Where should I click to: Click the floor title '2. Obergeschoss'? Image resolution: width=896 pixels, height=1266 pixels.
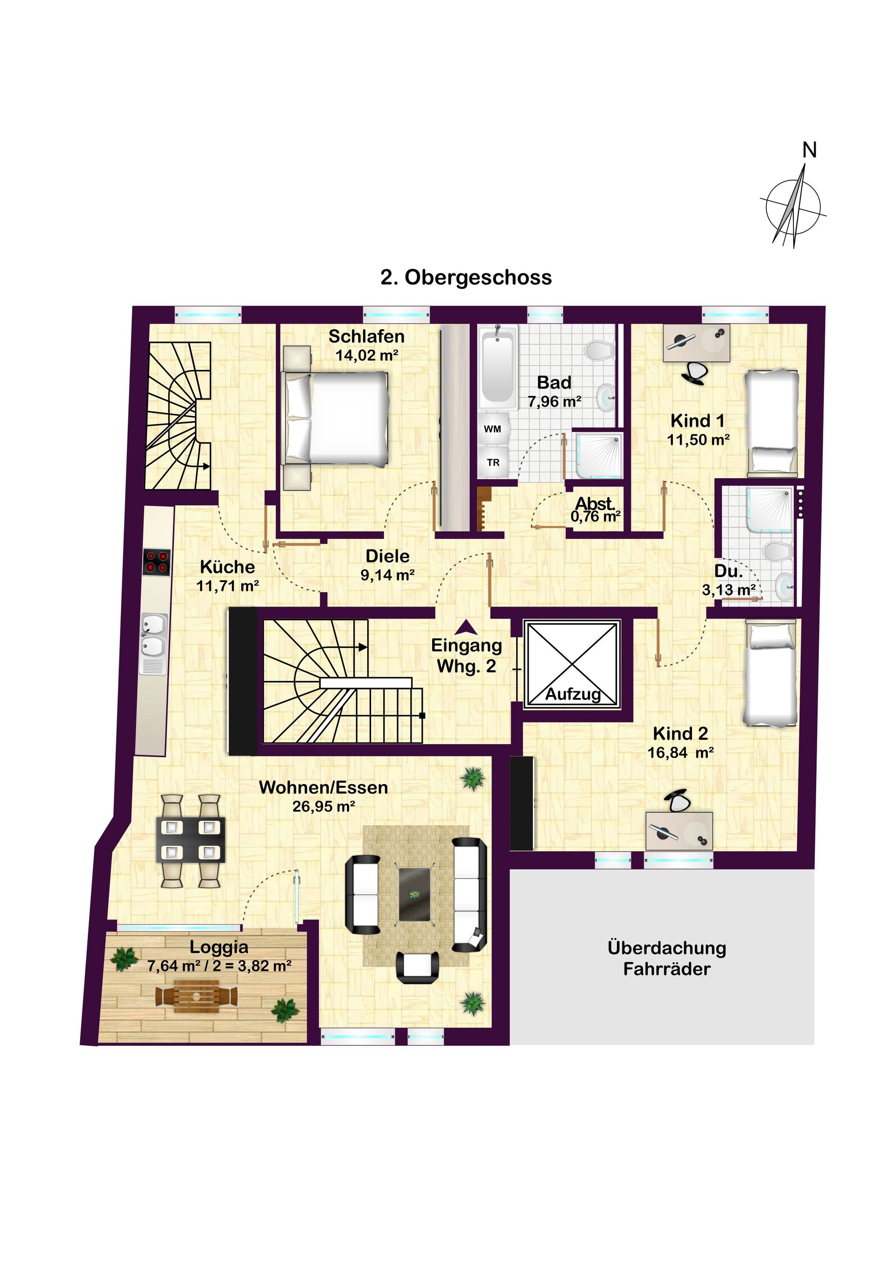[x=466, y=278]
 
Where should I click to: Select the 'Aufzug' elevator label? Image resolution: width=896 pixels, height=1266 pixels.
[x=573, y=694]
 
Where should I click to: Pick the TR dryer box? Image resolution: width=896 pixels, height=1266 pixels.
[x=493, y=462]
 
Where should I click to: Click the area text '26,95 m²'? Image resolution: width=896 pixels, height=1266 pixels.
[x=323, y=806]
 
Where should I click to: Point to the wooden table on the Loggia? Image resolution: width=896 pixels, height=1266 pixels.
[x=196, y=996]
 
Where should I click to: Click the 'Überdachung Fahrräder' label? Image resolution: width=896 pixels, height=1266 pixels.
[x=666, y=958]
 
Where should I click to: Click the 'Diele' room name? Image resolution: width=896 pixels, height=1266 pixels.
[x=387, y=556]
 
